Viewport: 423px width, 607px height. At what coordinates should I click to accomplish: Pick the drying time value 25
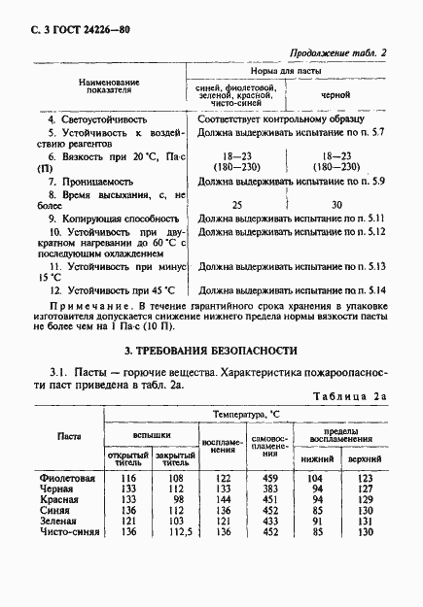point(236,204)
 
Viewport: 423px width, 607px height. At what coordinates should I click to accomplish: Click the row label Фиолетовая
point(67,479)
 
